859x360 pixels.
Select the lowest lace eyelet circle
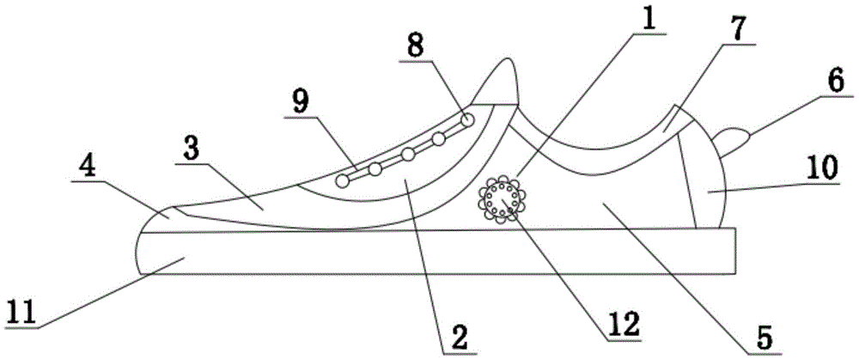pos(343,180)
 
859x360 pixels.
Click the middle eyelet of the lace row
pos(408,154)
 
